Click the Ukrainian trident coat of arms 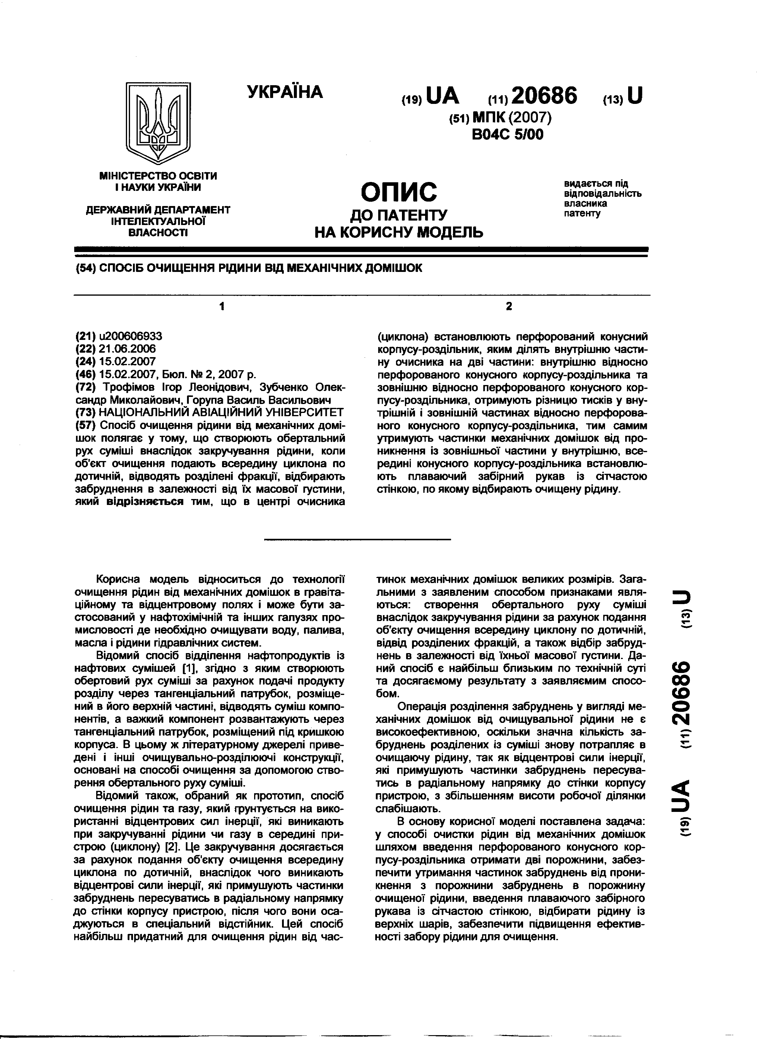[158, 123]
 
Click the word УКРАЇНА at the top [285, 92]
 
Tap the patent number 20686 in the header [545, 96]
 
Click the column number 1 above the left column [222, 306]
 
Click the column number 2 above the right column [509, 306]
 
